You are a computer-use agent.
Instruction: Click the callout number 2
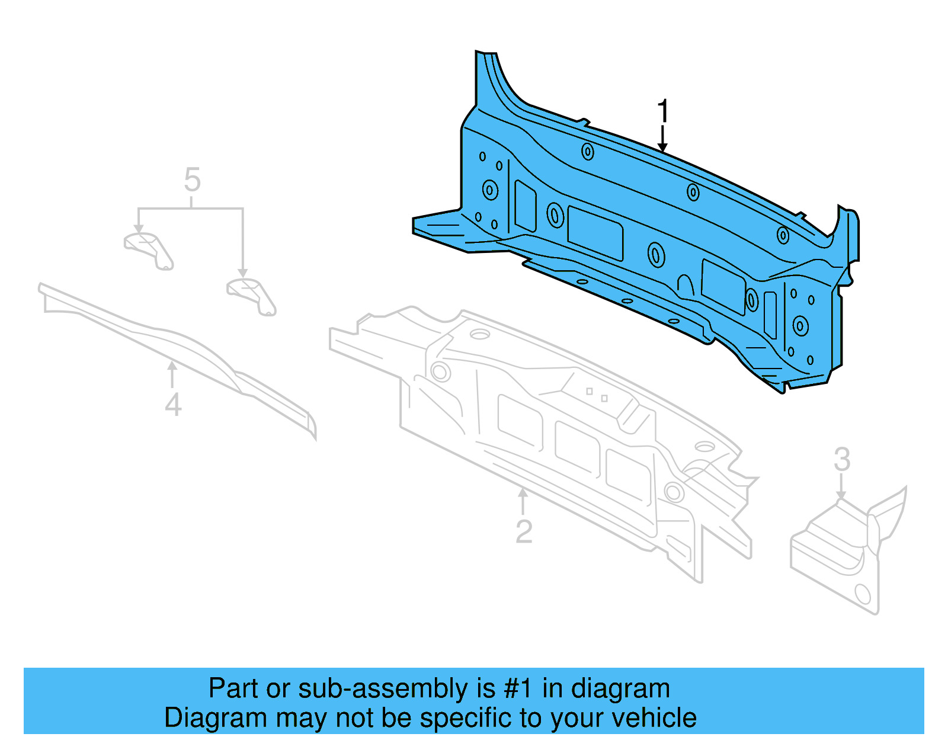click(524, 531)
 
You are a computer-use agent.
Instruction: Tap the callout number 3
click(841, 459)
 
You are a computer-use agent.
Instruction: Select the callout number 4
click(172, 405)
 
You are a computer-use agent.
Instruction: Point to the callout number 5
click(192, 179)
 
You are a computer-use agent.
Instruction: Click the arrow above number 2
click(523, 501)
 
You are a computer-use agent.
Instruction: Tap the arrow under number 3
click(841, 489)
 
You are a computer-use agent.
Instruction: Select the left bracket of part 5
click(148, 249)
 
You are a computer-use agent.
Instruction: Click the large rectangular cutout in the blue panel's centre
click(595, 233)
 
